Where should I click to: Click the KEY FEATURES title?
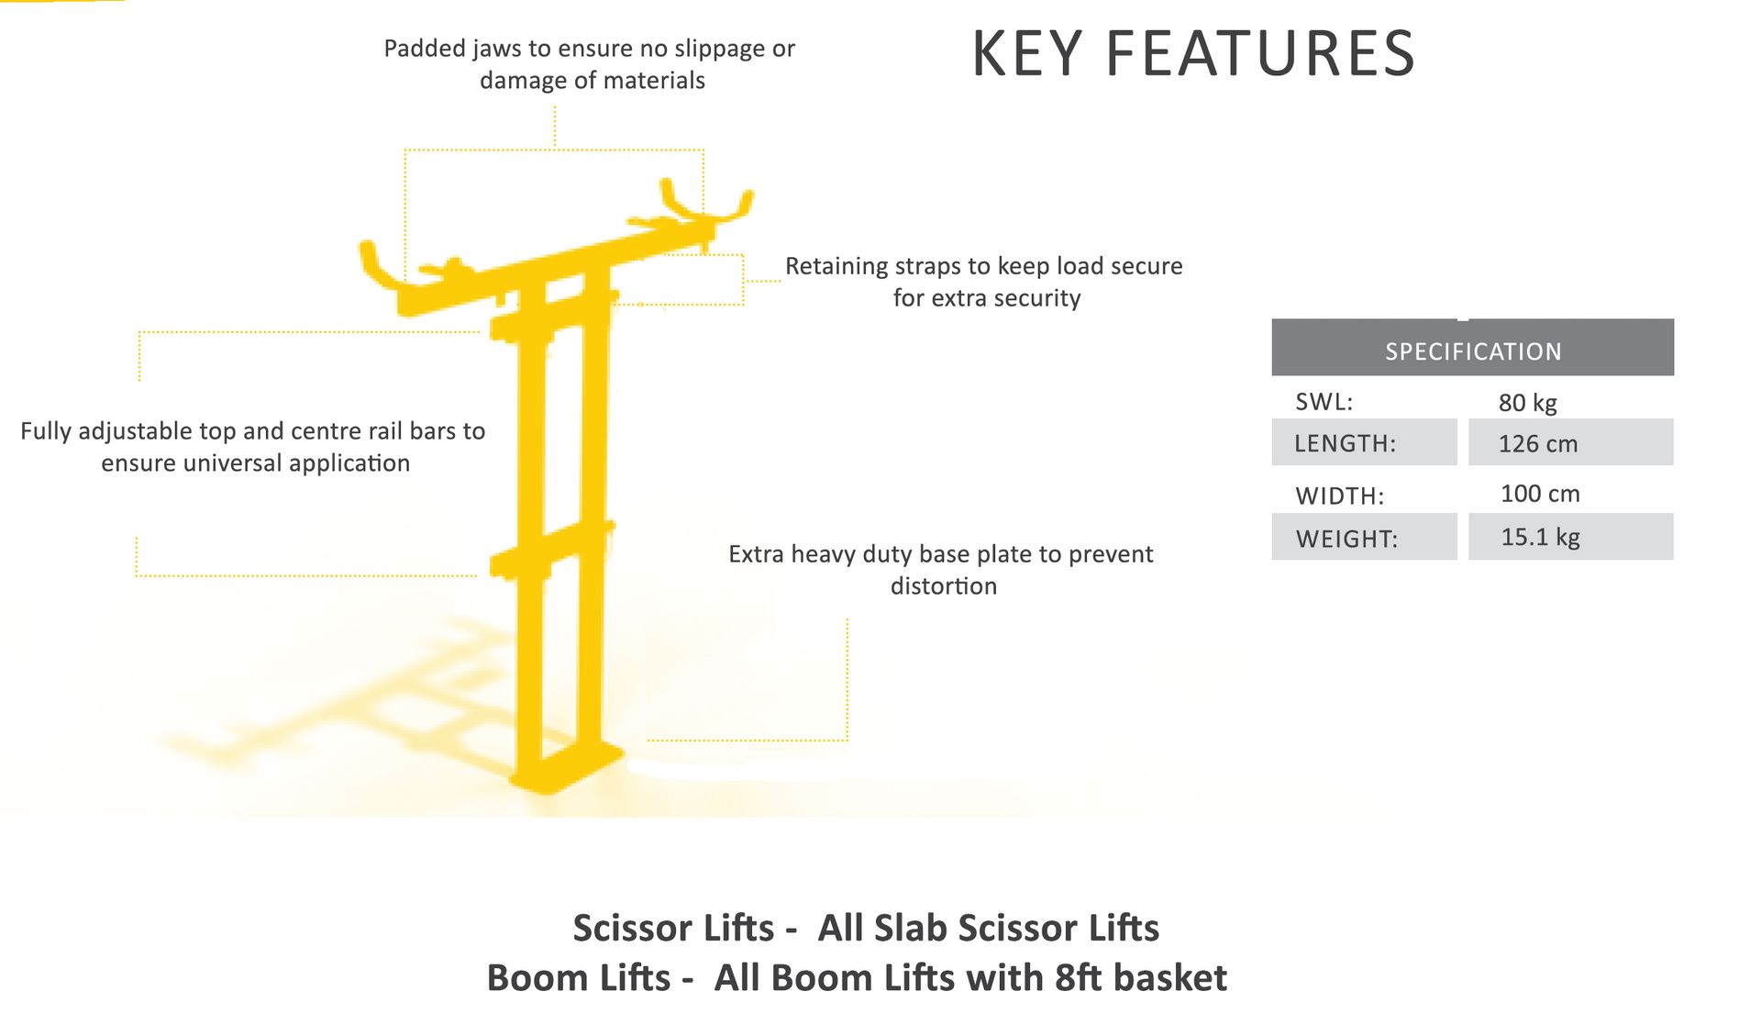[1193, 53]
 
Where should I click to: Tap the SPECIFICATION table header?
[1472, 351]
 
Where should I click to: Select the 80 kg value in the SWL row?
[1527, 402]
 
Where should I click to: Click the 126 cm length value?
[1538, 444]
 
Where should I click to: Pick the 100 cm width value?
[1540, 494]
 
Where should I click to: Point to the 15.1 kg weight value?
[1540, 537]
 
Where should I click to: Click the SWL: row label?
[1324, 402]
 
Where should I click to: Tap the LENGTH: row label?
[1345, 444]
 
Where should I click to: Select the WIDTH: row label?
[1339, 496]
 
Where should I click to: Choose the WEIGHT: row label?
[1346, 539]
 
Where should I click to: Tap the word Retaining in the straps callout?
[836, 266]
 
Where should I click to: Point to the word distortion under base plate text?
[943, 586]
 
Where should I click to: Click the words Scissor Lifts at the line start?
[673, 928]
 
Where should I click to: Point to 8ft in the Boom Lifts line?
[1077, 978]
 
